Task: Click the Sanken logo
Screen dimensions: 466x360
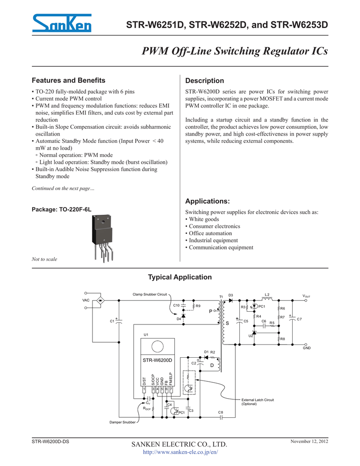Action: pos(62,23)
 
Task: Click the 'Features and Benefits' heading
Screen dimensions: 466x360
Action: pos(68,80)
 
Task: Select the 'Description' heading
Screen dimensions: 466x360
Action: pos(205,81)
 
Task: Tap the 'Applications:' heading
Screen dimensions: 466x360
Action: pos(208,201)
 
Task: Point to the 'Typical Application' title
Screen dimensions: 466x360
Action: pos(180,277)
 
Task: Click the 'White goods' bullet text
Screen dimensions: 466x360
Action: pos(203,219)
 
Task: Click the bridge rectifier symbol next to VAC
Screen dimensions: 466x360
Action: pos(101,300)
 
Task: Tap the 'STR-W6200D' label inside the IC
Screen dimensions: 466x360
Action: pos(158,360)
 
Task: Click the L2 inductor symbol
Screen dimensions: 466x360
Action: pos(267,299)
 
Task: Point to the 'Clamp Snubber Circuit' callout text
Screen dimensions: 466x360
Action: pos(150,294)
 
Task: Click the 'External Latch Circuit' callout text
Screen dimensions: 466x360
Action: pos(258,400)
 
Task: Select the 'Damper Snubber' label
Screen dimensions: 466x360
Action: pos(122,422)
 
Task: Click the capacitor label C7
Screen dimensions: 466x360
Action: pos(299,319)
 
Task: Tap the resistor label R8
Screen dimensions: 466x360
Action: pos(283,339)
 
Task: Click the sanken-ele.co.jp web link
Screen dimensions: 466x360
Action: pos(180,452)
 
